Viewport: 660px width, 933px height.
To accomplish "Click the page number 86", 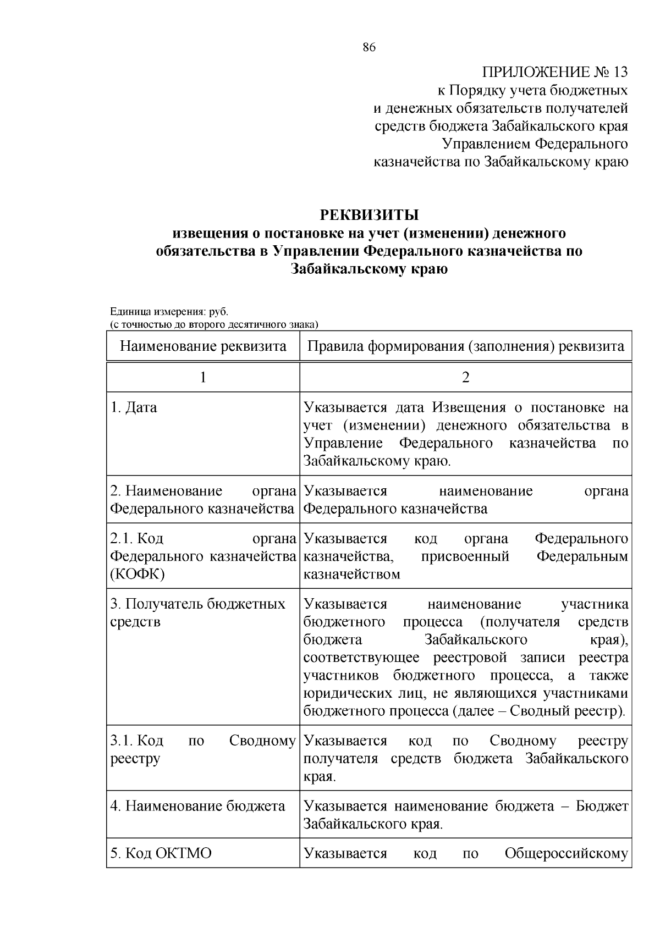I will [x=369, y=48].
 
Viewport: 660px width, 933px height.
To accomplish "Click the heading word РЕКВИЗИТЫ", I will [x=369, y=214].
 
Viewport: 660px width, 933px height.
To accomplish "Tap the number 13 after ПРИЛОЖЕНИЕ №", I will [x=619, y=72].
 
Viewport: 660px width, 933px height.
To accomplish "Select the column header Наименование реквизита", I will [x=203, y=346].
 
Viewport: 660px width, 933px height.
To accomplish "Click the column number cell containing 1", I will [x=203, y=377].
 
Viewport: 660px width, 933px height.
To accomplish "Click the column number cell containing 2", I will [x=465, y=377].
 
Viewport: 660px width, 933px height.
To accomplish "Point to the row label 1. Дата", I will [x=134, y=407].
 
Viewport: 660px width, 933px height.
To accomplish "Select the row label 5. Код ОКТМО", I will [x=161, y=853].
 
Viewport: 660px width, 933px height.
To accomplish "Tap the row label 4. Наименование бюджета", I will [x=198, y=806].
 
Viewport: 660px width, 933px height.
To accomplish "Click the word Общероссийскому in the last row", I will [x=566, y=853].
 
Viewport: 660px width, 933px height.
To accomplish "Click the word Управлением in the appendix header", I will [x=487, y=144].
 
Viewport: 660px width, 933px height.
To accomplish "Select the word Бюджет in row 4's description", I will [x=602, y=806].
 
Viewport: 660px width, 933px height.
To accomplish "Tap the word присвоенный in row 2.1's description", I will [x=465, y=556].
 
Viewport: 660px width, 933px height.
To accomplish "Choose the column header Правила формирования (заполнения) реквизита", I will [x=465, y=346].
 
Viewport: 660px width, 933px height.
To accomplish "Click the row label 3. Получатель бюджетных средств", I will [x=198, y=612].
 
